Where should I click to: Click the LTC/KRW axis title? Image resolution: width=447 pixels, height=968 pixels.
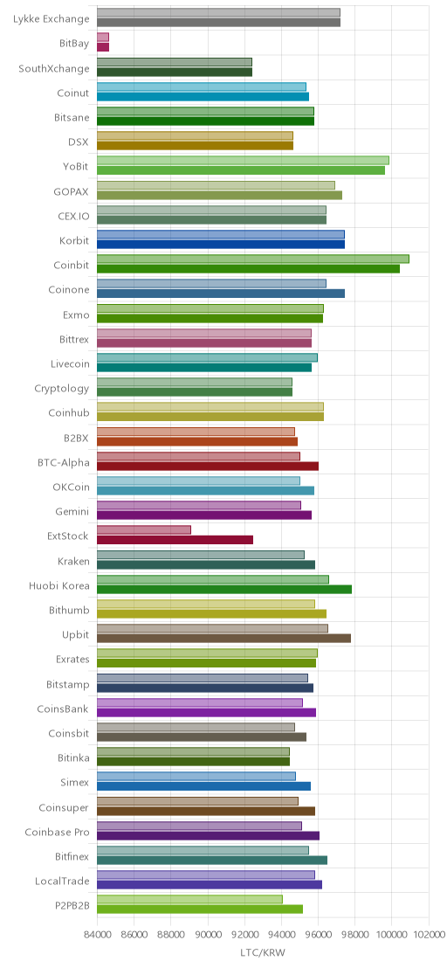[x=263, y=952]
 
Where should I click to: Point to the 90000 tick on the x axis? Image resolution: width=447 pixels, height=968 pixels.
[x=208, y=936]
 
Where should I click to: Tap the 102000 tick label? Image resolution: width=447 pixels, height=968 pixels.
[x=430, y=936]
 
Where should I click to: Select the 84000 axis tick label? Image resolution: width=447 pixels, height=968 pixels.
[x=98, y=936]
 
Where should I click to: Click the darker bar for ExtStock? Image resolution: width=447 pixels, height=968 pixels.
[x=175, y=540]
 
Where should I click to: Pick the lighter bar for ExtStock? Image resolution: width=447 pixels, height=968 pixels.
[x=144, y=529]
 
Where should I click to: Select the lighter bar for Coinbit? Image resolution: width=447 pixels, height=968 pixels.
[x=253, y=259]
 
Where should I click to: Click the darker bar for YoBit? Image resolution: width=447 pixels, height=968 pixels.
[x=241, y=170]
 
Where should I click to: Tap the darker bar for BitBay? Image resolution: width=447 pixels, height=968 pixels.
[x=103, y=47]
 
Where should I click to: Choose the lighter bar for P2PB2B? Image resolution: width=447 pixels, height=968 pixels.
[x=190, y=900]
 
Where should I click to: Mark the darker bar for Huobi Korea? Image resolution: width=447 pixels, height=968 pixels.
[x=224, y=590]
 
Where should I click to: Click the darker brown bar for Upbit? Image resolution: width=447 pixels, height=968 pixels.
[x=224, y=639]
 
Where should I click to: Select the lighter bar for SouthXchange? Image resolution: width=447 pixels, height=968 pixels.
[x=175, y=62]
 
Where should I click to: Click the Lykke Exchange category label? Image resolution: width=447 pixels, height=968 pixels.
[x=52, y=19]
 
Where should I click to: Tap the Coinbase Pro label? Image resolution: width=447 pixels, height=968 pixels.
[x=58, y=833]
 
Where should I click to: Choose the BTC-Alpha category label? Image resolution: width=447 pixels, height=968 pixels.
[x=64, y=462]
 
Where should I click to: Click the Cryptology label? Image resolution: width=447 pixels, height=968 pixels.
[x=62, y=389]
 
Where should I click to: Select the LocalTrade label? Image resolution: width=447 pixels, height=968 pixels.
[x=63, y=881]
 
